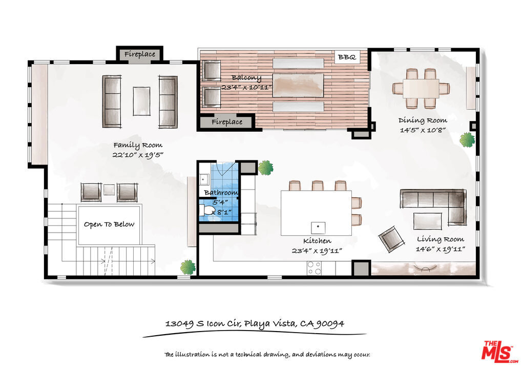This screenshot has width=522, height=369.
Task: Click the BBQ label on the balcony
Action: coord(347,57)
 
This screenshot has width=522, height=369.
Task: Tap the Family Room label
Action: coord(138,145)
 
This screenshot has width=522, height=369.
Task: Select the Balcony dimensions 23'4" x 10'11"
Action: coord(247,88)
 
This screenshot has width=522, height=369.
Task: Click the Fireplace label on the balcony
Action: coord(227,122)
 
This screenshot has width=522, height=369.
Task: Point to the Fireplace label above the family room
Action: coord(140,54)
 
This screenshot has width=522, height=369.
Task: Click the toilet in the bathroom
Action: coord(207,211)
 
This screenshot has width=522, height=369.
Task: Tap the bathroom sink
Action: coord(204,179)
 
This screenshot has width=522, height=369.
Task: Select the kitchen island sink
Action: coord(318,228)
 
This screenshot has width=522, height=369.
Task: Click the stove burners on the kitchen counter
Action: coord(314,268)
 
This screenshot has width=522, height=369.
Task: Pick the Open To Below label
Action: coord(109,224)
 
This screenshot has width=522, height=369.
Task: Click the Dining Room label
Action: coord(423,120)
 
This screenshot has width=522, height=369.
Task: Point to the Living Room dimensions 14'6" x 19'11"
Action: coord(440,249)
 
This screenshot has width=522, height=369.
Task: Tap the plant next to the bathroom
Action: coord(266,168)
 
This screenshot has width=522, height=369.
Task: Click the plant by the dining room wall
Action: coord(467,139)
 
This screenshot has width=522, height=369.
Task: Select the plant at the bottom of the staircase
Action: coord(188,267)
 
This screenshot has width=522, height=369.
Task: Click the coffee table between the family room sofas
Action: coord(141,101)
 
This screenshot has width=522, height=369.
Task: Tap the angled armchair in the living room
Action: coord(392,239)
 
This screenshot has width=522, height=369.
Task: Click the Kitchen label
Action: coord(317,241)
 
